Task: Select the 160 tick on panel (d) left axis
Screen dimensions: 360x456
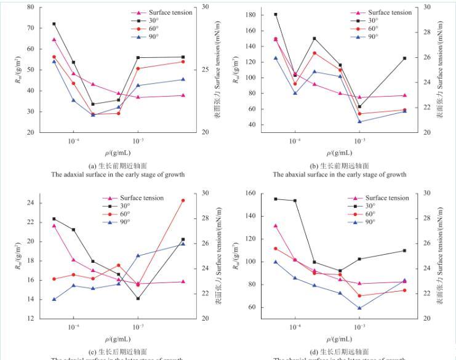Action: [x=254, y=193]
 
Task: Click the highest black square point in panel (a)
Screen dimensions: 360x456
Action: [x=54, y=24]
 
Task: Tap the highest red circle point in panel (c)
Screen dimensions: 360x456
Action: [x=183, y=200]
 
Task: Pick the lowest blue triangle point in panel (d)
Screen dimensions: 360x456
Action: [x=359, y=308]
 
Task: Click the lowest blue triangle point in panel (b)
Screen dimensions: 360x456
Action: [x=359, y=121]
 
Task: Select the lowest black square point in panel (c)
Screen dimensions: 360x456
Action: [x=138, y=298]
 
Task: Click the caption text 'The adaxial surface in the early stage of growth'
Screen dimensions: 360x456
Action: [x=118, y=174]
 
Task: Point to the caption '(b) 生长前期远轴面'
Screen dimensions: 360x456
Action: [x=340, y=166]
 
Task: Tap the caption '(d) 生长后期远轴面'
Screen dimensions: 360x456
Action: [x=340, y=351]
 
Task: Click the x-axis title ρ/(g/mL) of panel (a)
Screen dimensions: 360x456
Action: [x=117, y=152]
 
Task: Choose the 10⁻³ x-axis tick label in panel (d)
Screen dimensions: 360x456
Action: [x=359, y=327]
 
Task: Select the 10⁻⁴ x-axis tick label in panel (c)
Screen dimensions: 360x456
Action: [x=73, y=327]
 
